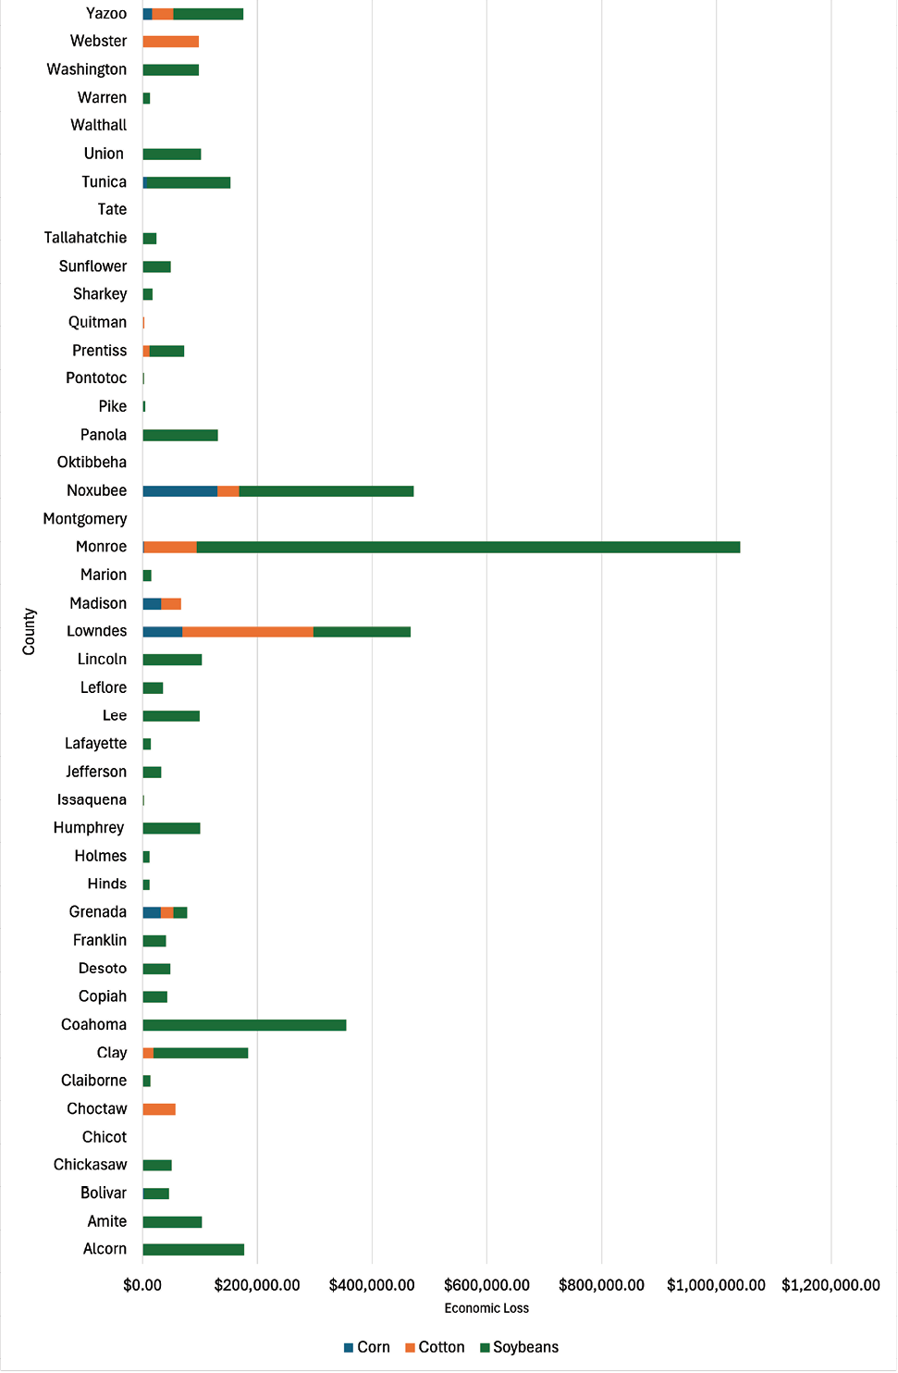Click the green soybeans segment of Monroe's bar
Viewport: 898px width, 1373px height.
pos(468,548)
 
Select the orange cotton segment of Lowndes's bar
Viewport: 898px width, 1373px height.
pos(248,632)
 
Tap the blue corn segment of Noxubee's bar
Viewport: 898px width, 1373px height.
pos(179,491)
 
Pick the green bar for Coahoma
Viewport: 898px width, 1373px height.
pos(244,1025)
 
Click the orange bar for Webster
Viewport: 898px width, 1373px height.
pos(171,42)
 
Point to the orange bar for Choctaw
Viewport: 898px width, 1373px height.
pos(159,1109)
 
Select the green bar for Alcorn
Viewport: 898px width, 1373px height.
pos(193,1250)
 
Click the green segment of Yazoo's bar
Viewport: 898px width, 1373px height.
pos(208,14)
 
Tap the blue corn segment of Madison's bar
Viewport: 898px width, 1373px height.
pos(152,604)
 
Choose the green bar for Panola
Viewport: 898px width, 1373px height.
pos(180,436)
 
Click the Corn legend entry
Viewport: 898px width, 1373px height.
pos(367,1347)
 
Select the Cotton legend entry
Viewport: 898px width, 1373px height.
pos(435,1347)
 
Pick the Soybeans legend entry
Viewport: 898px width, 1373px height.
pos(519,1347)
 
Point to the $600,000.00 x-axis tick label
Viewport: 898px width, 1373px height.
pos(486,1285)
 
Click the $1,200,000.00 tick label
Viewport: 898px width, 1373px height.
pos(830,1285)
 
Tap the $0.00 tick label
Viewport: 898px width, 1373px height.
pos(142,1285)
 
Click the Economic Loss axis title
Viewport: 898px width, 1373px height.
pos(486,1308)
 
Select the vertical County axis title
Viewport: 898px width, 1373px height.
pos(30,632)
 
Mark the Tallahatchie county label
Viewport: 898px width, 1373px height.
pos(85,238)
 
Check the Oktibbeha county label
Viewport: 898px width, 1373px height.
pos(92,463)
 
